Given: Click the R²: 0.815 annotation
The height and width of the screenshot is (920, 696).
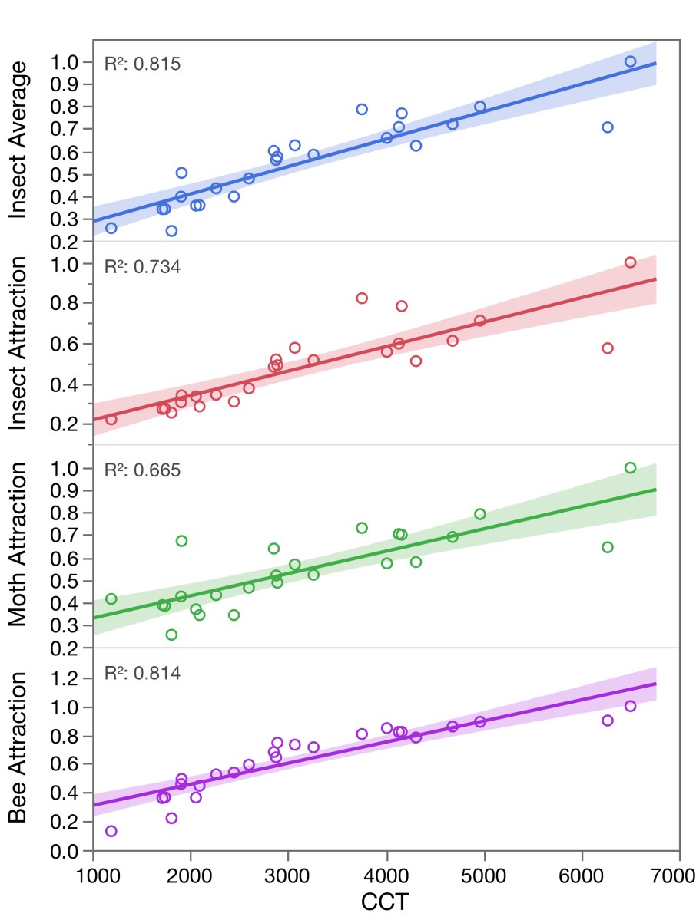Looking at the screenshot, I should pyautogui.click(x=142, y=64).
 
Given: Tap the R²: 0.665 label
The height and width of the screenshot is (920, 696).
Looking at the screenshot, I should pyautogui.click(x=142, y=470).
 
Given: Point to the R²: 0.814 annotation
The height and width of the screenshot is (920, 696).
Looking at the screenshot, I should pyautogui.click(x=142, y=674).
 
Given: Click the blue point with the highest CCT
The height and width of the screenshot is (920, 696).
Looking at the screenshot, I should pyautogui.click(x=630, y=61).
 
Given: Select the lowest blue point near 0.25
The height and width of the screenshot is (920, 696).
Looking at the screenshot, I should pyautogui.click(x=171, y=230).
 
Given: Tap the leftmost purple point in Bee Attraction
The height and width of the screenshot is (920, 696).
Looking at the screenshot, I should pyautogui.click(x=111, y=831).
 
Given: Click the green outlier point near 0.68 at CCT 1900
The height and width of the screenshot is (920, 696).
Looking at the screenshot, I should pyautogui.click(x=181, y=541).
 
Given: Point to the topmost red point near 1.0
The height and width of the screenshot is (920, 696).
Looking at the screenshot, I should pyautogui.click(x=630, y=262).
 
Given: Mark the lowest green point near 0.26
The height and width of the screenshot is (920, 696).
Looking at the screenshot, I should pyautogui.click(x=171, y=635).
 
